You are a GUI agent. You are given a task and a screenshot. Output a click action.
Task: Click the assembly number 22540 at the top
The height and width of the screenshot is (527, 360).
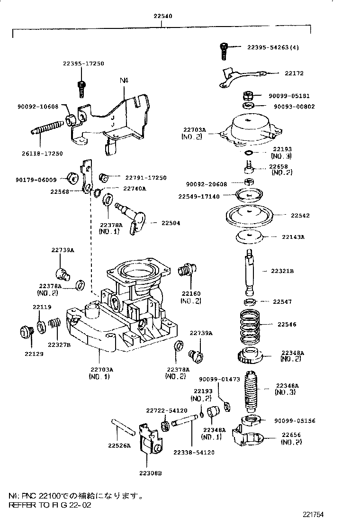pos(162,16)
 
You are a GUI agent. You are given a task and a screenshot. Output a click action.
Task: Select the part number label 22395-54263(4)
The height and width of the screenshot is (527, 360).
pos(273,47)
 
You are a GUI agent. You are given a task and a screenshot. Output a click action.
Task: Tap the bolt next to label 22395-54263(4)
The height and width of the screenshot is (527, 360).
pos(224,50)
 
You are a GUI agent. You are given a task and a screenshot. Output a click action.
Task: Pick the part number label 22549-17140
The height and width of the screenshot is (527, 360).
pos(199,196)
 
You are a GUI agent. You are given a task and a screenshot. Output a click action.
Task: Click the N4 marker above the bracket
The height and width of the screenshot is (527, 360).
pos(124,81)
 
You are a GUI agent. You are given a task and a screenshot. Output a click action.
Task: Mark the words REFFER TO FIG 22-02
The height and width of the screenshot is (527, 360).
pos(50,505)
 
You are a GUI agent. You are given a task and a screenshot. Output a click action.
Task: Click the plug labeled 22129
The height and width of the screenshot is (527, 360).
pos(26,331)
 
